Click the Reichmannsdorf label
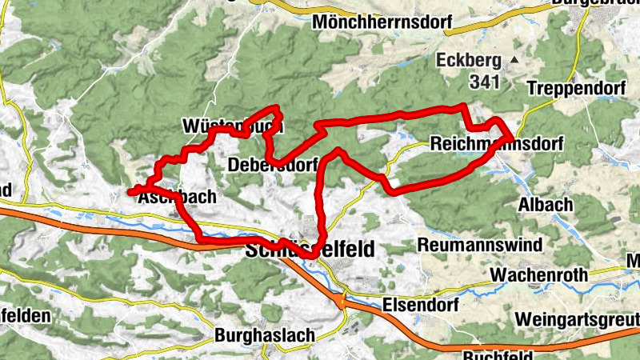[x=496, y=144]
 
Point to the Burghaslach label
[x=265, y=336]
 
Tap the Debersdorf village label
[x=272, y=166]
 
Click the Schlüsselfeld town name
[x=308, y=250]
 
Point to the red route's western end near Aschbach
[x=130, y=191]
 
